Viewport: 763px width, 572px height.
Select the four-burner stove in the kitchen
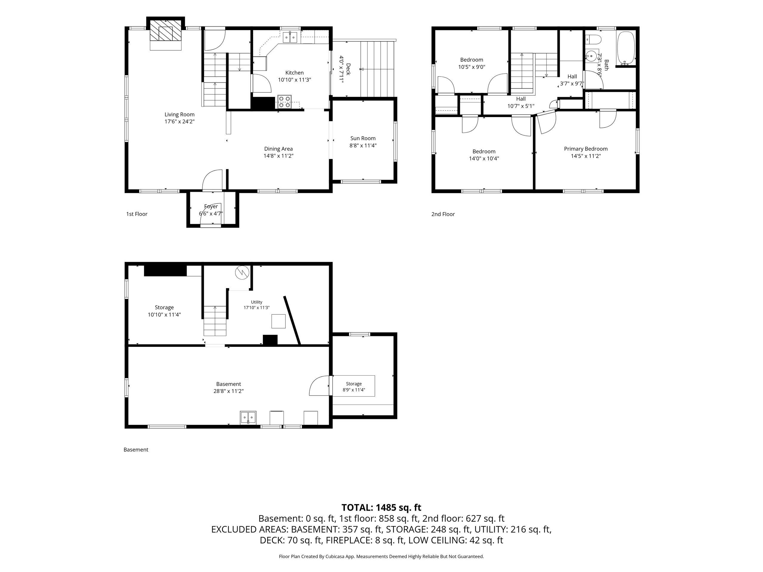point(285,102)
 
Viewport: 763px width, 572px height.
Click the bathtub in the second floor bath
point(626,48)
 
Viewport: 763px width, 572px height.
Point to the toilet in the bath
point(594,40)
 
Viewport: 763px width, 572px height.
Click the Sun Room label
point(363,138)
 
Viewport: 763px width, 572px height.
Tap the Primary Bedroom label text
point(586,149)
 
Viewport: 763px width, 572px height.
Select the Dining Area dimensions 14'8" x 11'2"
point(278,156)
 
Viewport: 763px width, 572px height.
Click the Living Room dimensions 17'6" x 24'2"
point(179,121)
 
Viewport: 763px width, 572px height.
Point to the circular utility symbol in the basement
point(242,273)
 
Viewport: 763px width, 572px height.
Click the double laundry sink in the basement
point(248,418)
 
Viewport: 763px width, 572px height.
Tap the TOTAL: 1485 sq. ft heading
point(381,508)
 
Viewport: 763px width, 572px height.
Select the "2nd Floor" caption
point(443,214)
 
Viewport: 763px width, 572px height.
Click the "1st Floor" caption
point(137,214)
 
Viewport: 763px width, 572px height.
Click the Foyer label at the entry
point(211,206)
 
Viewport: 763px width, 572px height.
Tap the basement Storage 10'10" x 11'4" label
point(164,311)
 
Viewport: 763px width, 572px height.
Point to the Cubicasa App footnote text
point(381,556)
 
